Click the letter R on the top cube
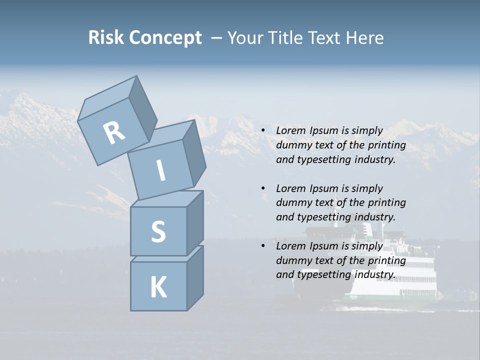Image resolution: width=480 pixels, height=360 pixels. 114,133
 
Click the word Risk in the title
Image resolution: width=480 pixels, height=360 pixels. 105,37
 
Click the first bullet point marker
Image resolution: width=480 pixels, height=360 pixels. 263,131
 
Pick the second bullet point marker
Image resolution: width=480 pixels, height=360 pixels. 263,188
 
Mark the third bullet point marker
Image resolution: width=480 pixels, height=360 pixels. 263,246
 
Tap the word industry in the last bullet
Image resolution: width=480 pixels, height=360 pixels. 374,274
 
